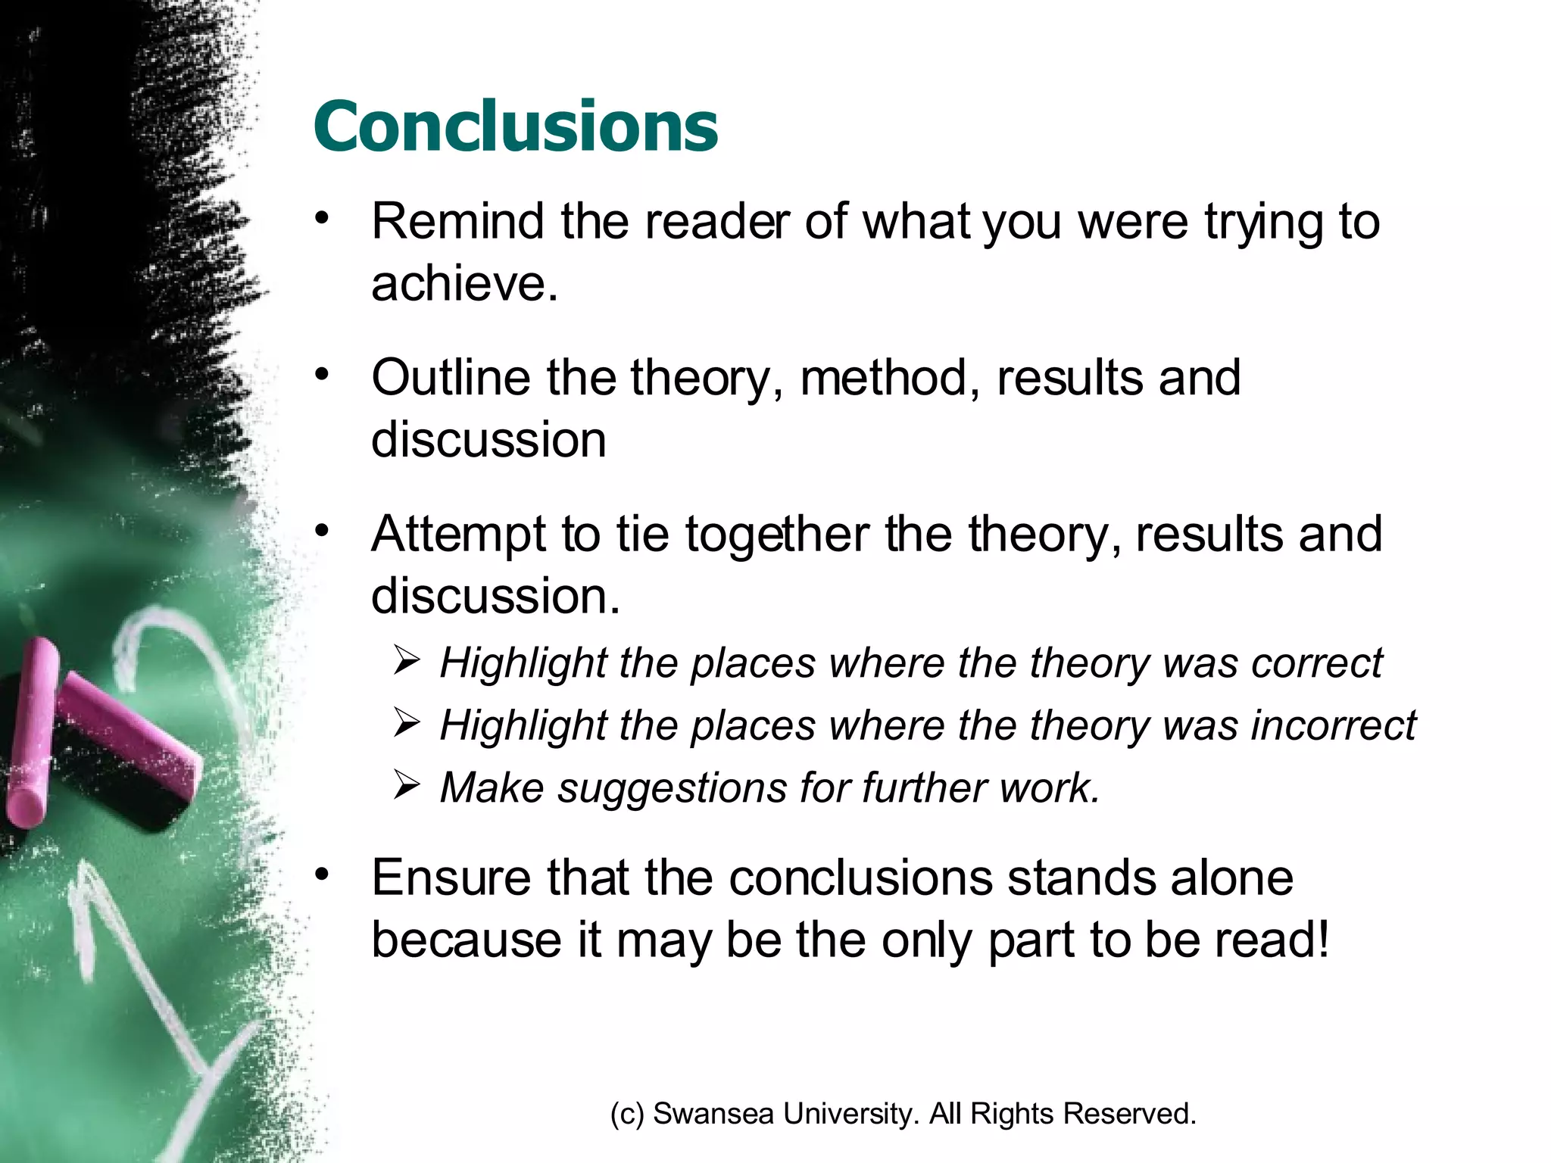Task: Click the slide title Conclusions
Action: (515, 126)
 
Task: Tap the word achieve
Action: (463, 284)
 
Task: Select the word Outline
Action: (451, 378)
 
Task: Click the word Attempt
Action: (457, 535)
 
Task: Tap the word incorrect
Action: (1333, 725)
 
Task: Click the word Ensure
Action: (451, 878)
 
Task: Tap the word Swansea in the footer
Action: (713, 1114)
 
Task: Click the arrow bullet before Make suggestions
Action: (407, 786)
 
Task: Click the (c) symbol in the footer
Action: (627, 1114)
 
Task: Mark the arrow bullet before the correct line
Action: (407, 661)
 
